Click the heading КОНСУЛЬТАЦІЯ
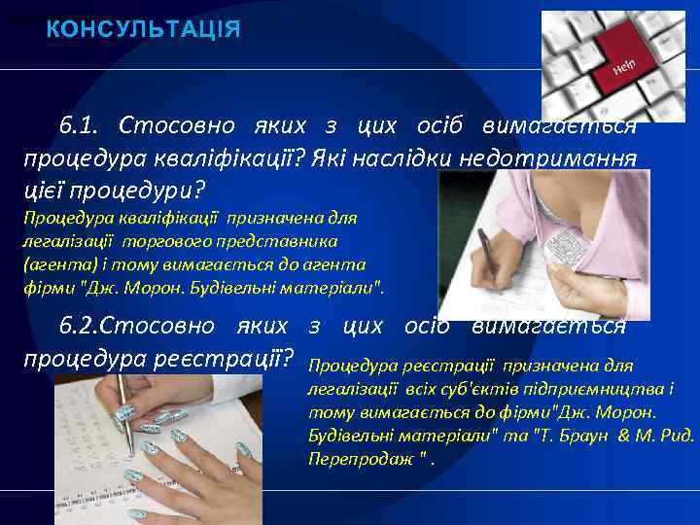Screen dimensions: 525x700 click(143, 29)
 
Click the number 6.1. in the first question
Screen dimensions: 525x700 click(81, 126)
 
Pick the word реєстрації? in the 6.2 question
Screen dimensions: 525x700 click(229, 356)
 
